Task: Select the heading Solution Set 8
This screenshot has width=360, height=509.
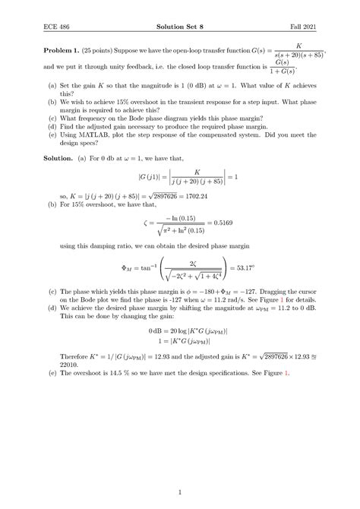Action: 180,27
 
